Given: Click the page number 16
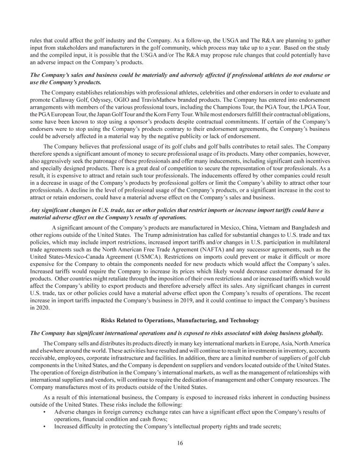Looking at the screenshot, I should click(x=180, y=443).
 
